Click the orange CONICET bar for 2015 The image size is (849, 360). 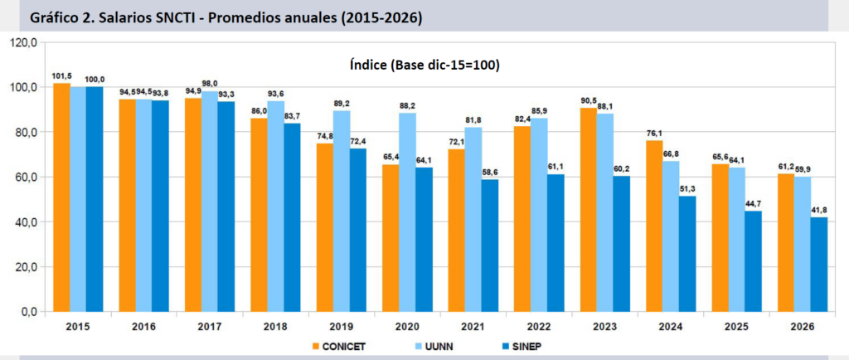tap(61, 197)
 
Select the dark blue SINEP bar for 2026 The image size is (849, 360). tap(819, 265)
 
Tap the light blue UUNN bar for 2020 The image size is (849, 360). tap(407, 212)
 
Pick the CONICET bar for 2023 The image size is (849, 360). tap(589, 210)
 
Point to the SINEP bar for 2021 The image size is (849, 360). tap(490, 246)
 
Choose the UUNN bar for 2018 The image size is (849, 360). tap(275, 207)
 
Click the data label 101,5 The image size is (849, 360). tap(61, 76)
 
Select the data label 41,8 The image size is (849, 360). tap(819, 211)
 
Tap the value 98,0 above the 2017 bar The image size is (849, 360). tap(210, 84)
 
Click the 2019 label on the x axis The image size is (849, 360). tap(341, 327)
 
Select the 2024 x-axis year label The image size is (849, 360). tap(671, 327)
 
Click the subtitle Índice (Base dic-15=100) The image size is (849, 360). tap(424, 66)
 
